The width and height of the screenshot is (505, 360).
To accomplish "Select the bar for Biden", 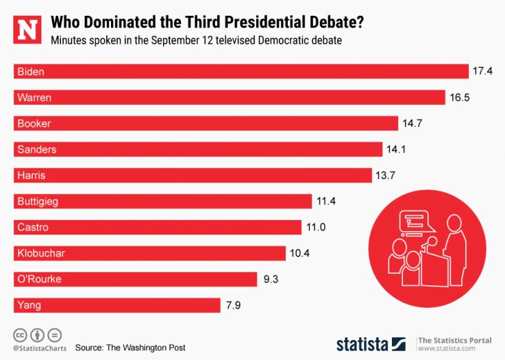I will pyautogui.click(x=241, y=71).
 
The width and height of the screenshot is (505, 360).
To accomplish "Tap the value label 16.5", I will pyautogui.click(x=458, y=97).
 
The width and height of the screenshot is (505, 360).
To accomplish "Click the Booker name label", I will pyautogui.click(x=34, y=123).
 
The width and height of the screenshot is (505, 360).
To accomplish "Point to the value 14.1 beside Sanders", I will pyautogui.click(x=397, y=149).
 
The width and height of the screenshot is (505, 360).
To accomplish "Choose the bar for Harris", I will pyautogui.click(x=193, y=176).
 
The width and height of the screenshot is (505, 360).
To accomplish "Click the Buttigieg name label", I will pyautogui.click(x=39, y=202).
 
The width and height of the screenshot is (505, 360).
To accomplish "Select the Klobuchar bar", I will pyautogui.click(x=150, y=254).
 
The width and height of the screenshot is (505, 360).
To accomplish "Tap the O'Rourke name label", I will pyautogui.click(x=39, y=279).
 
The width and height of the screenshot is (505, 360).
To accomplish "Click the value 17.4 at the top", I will pyautogui.click(x=482, y=71).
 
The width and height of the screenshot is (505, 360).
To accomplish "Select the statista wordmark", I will pyautogui.click(x=362, y=343).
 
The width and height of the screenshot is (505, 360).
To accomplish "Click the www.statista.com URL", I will pyautogui.click(x=447, y=348).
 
